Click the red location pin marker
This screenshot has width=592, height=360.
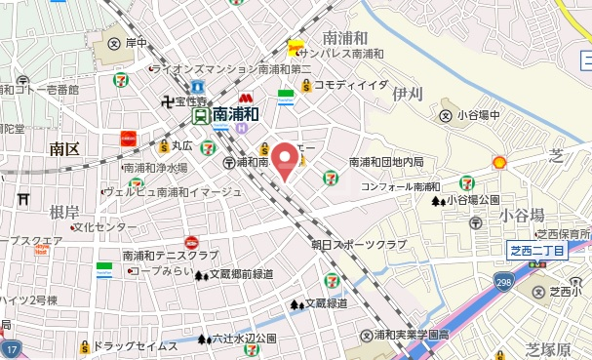(x=284, y=159)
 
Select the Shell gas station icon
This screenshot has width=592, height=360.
(x=499, y=162)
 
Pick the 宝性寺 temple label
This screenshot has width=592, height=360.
(x=185, y=100)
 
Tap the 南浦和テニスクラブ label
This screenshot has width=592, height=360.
(x=170, y=255)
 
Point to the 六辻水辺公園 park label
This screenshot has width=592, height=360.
(x=237, y=340)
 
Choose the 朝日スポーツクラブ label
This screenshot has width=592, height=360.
(x=358, y=244)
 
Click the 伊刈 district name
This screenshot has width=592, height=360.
(x=407, y=95)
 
